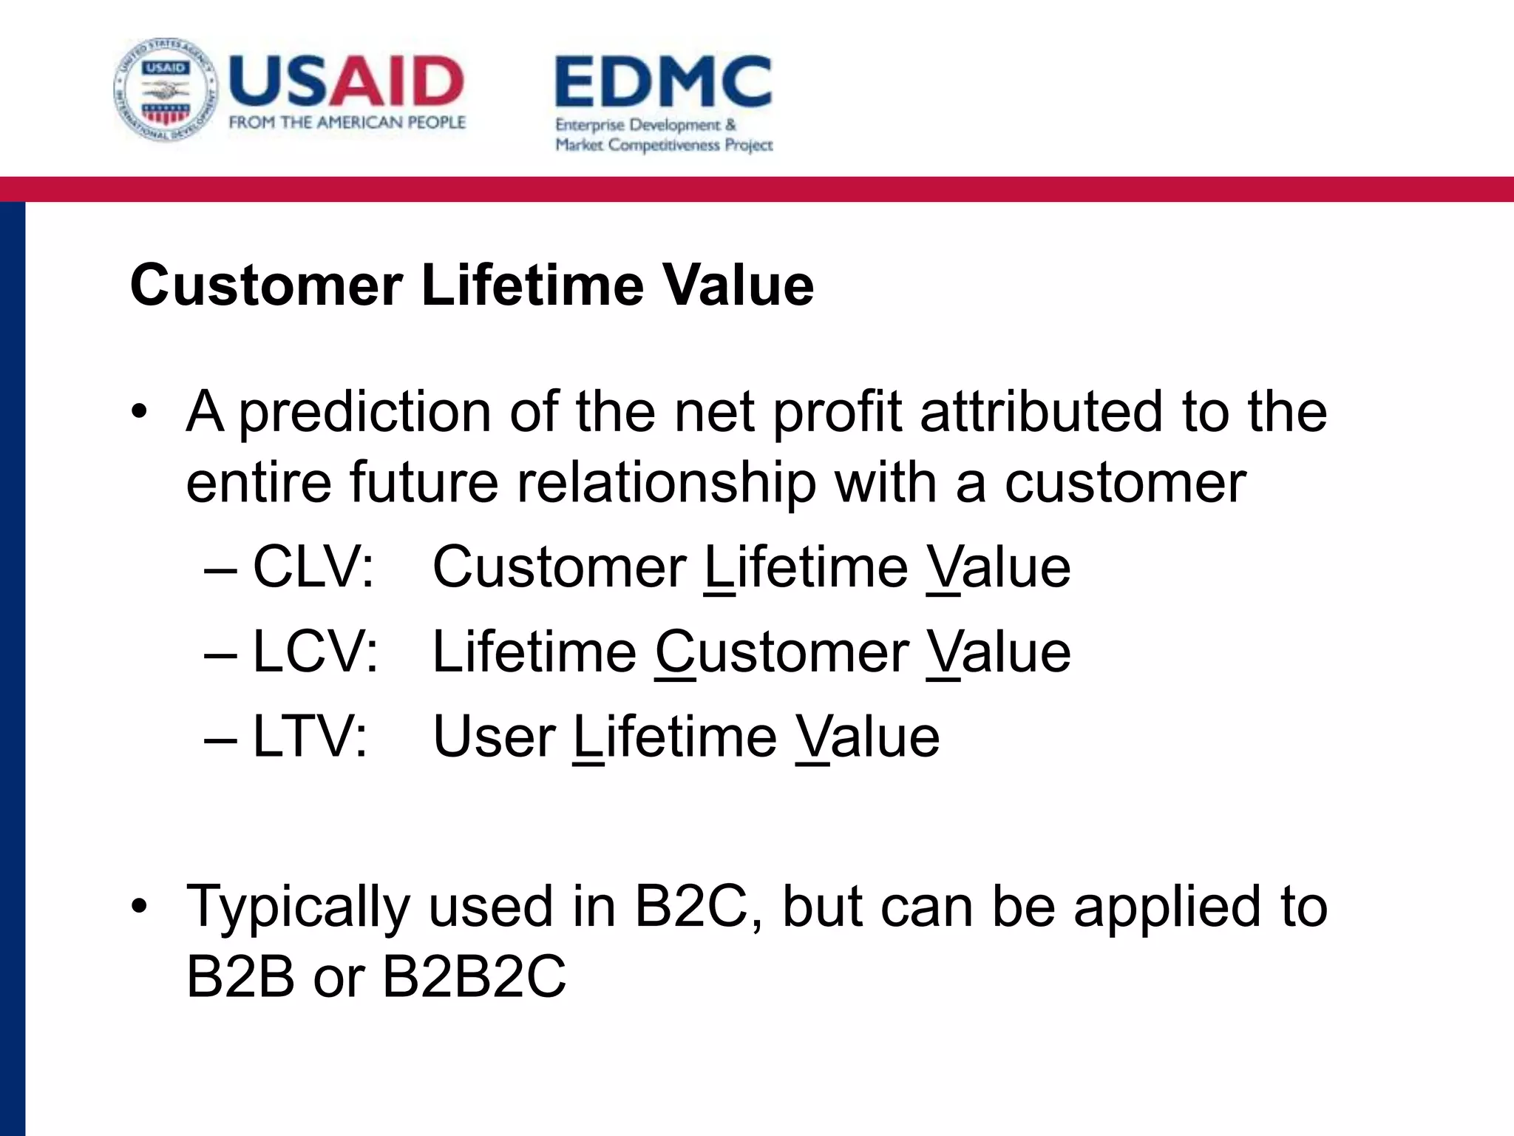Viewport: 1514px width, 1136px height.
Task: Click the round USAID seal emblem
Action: pos(166,90)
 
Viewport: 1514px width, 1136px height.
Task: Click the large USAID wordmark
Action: pos(346,81)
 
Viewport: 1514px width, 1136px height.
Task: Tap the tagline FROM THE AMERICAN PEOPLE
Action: pos(347,123)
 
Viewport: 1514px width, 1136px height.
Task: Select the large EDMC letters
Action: pos(663,83)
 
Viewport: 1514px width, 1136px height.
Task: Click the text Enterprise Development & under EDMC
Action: pos(645,125)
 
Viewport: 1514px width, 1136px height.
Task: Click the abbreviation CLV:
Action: pos(314,567)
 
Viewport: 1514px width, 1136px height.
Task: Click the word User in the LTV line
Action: pos(494,737)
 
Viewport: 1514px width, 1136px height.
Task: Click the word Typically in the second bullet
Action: pos(298,907)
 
